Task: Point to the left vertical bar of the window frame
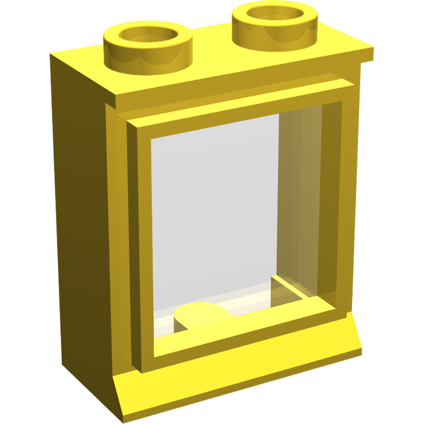143,242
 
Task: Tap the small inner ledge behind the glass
291,285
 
